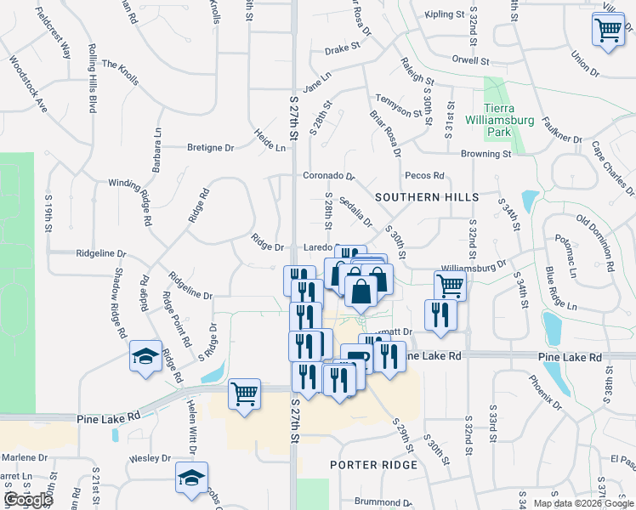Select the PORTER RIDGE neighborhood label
click(x=374, y=465)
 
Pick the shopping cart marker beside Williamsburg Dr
click(x=450, y=286)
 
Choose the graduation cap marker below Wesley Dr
click(x=191, y=479)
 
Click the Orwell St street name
click(x=472, y=61)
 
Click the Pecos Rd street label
click(x=425, y=176)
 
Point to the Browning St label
click(x=486, y=155)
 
